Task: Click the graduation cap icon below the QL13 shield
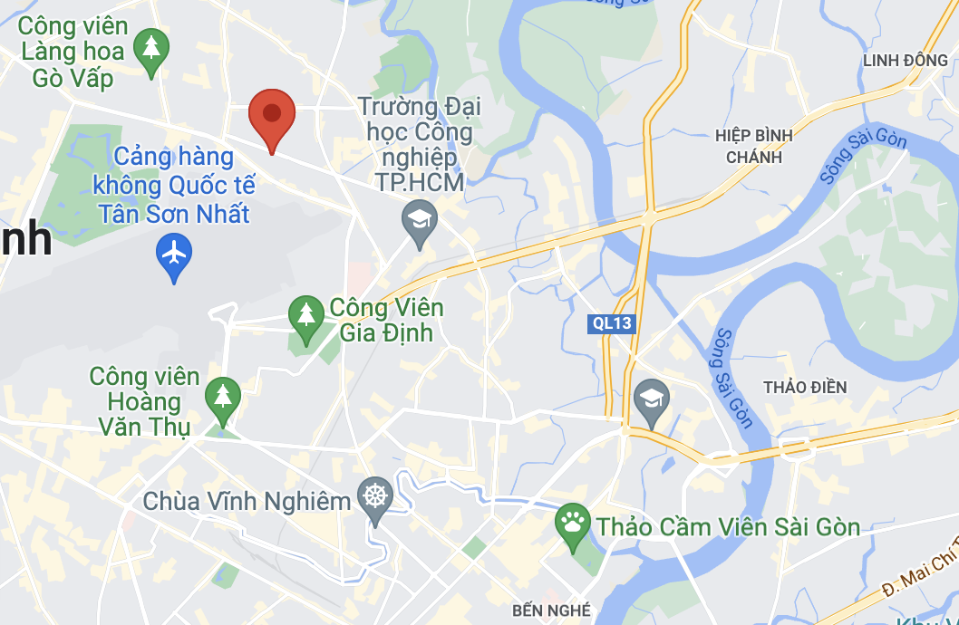[x=651, y=398]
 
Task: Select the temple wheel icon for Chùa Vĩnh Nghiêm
[x=375, y=495]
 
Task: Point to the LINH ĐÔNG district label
[x=905, y=60]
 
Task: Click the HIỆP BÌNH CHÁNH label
[x=753, y=146]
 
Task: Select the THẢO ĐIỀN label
[x=805, y=388]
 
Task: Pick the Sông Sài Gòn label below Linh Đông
[x=865, y=157]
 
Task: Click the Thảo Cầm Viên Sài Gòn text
[x=727, y=525]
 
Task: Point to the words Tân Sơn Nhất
[x=174, y=214]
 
